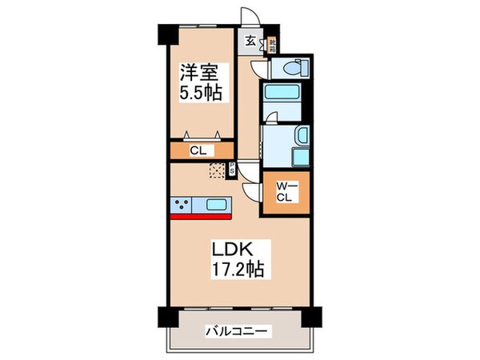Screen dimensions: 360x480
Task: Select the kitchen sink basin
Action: [x=217, y=204]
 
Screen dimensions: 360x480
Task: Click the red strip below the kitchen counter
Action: [x=200, y=214]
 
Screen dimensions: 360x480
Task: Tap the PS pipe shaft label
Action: [x=232, y=169]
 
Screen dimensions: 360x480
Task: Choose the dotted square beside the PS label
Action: [x=217, y=169]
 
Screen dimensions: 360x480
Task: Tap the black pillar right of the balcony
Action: [x=318, y=316]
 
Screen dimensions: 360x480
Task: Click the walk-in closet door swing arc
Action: [x=254, y=193]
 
